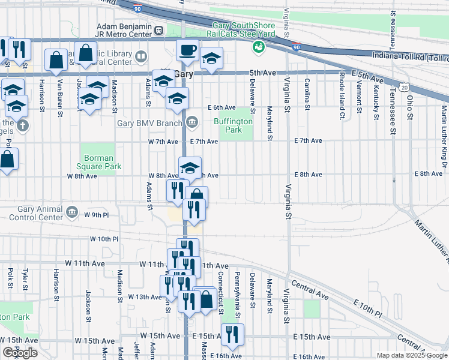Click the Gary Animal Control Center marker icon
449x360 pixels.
point(72,211)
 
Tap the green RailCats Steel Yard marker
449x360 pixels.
point(259,47)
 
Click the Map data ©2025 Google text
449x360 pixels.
point(412,355)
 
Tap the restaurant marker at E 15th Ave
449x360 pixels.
point(232,335)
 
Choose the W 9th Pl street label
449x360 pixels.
point(97,215)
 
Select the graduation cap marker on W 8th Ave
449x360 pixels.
point(190,168)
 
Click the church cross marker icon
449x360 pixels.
point(22,126)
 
